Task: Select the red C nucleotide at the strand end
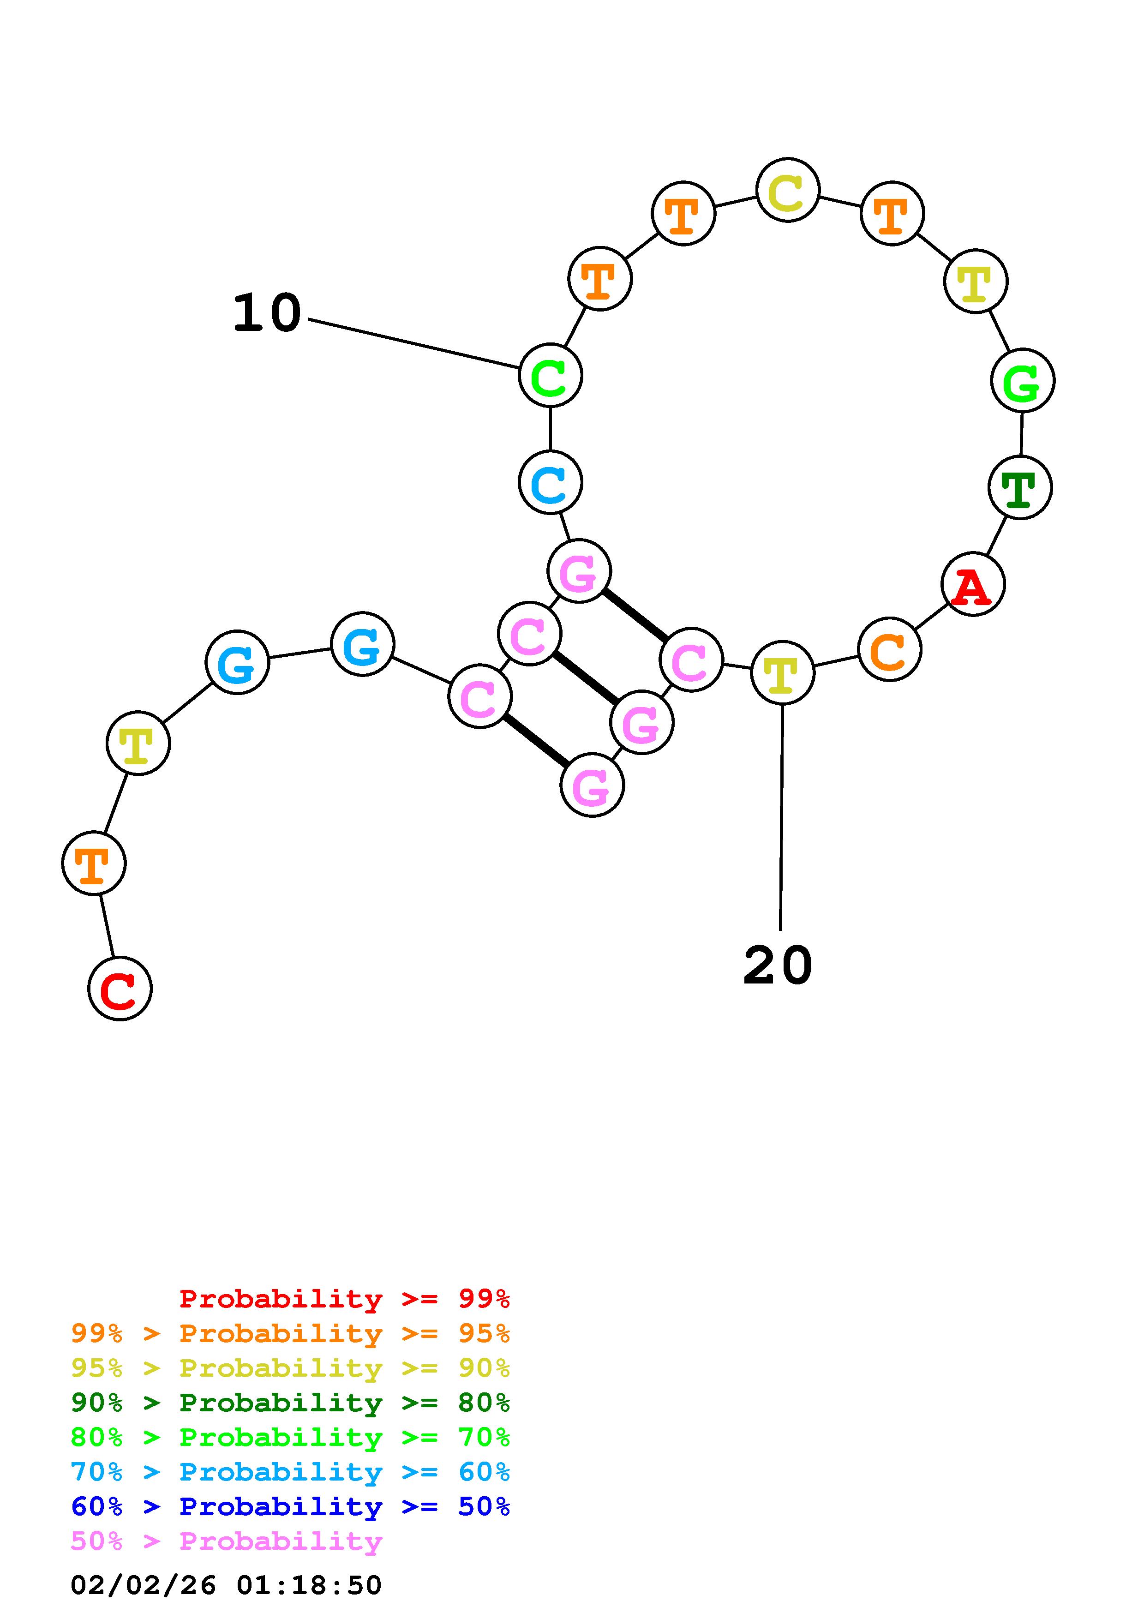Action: tap(120, 988)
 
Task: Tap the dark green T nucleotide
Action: tap(1020, 487)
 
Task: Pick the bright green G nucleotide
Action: tap(1022, 381)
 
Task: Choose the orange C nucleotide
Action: tap(890, 649)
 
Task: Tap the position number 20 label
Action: tap(778, 966)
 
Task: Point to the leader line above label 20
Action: tap(781, 818)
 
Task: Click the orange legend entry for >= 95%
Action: tap(290, 1333)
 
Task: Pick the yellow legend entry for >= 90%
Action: tap(290, 1368)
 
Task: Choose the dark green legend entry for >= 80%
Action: tap(290, 1403)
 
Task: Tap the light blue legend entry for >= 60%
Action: tap(290, 1472)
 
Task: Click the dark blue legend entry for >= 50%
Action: tap(290, 1506)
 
